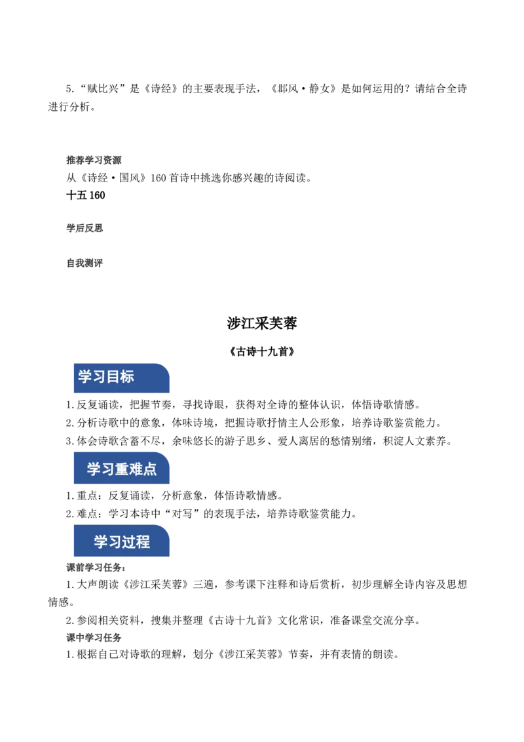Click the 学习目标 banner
click(122, 378)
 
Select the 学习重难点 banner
click(122, 469)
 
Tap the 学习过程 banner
click(122, 542)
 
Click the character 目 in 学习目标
click(113, 377)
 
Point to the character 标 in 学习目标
click(127, 377)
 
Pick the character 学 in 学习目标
click(85, 377)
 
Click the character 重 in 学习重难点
click(122, 469)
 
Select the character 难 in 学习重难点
click(136, 469)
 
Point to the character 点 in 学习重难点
click(150, 469)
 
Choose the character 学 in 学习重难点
click(94, 469)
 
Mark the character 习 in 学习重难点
click(108, 469)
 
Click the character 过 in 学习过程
click(129, 542)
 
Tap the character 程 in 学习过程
click(143, 542)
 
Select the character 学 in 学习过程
click(101, 542)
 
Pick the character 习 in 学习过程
click(115, 542)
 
